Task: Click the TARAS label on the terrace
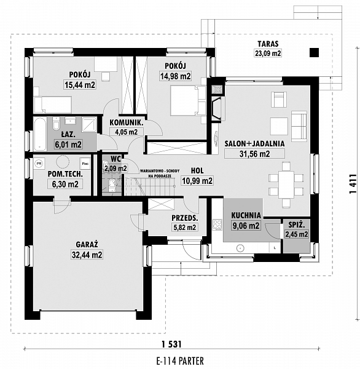click(x=268, y=44)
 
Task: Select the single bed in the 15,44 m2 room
click(x=53, y=105)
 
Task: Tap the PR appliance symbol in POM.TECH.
click(x=39, y=164)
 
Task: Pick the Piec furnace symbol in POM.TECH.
click(x=85, y=164)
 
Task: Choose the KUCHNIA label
click(x=246, y=216)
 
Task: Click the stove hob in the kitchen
click(x=217, y=224)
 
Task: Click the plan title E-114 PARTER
click(x=180, y=360)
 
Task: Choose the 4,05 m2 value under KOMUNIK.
click(x=127, y=132)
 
